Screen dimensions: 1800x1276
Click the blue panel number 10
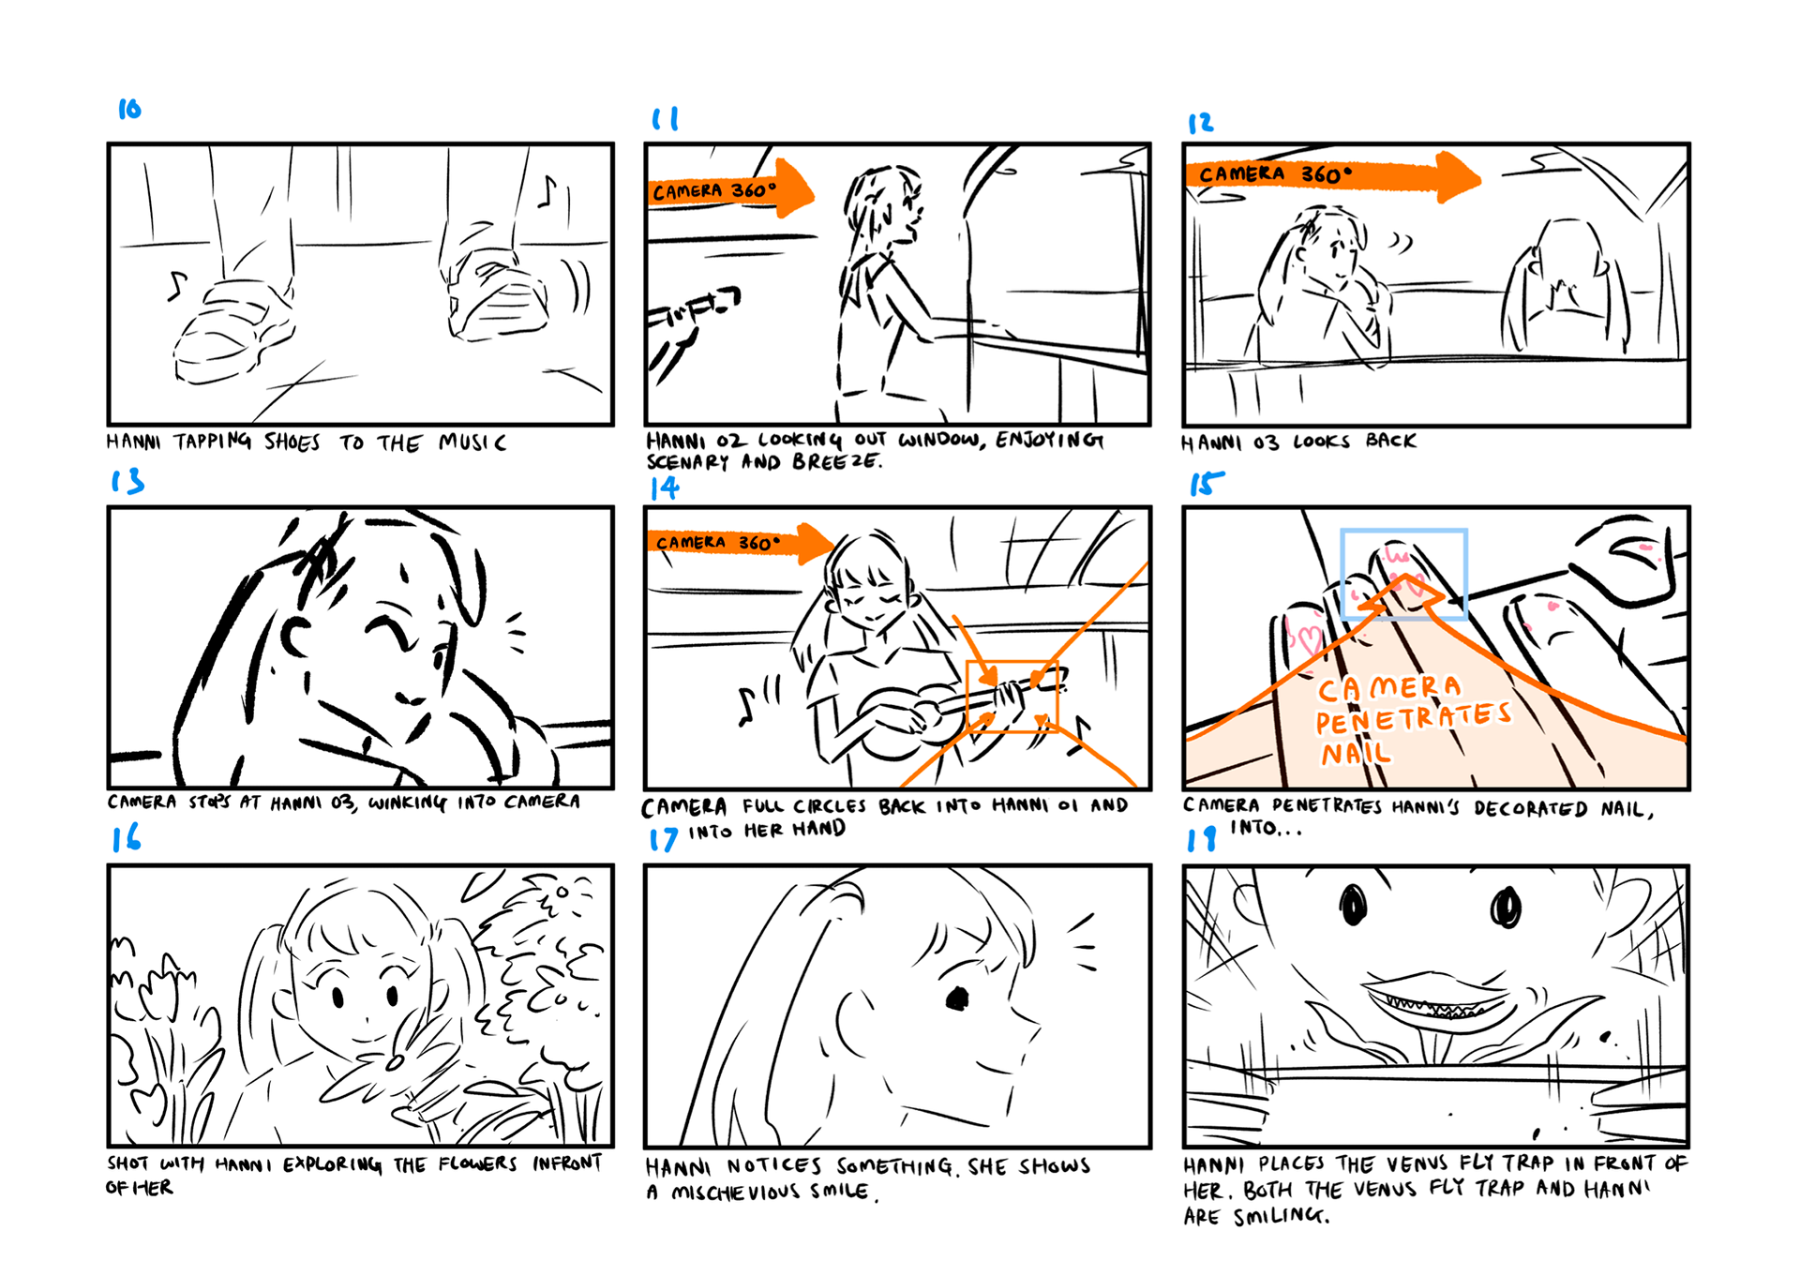[x=129, y=109]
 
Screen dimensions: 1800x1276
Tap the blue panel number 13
[x=127, y=481]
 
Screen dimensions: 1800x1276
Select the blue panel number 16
[x=127, y=837]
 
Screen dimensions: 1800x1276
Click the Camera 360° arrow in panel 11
[x=730, y=190]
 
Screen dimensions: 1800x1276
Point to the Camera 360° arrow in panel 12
[x=1332, y=175]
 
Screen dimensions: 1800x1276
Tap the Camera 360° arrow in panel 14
[x=740, y=543]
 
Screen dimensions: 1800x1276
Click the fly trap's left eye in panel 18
[x=1353, y=905]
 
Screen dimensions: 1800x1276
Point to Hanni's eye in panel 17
[x=956, y=998]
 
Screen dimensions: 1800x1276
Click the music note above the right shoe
[x=547, y=191]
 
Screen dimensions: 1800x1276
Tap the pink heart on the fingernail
[x=1305, y=638]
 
